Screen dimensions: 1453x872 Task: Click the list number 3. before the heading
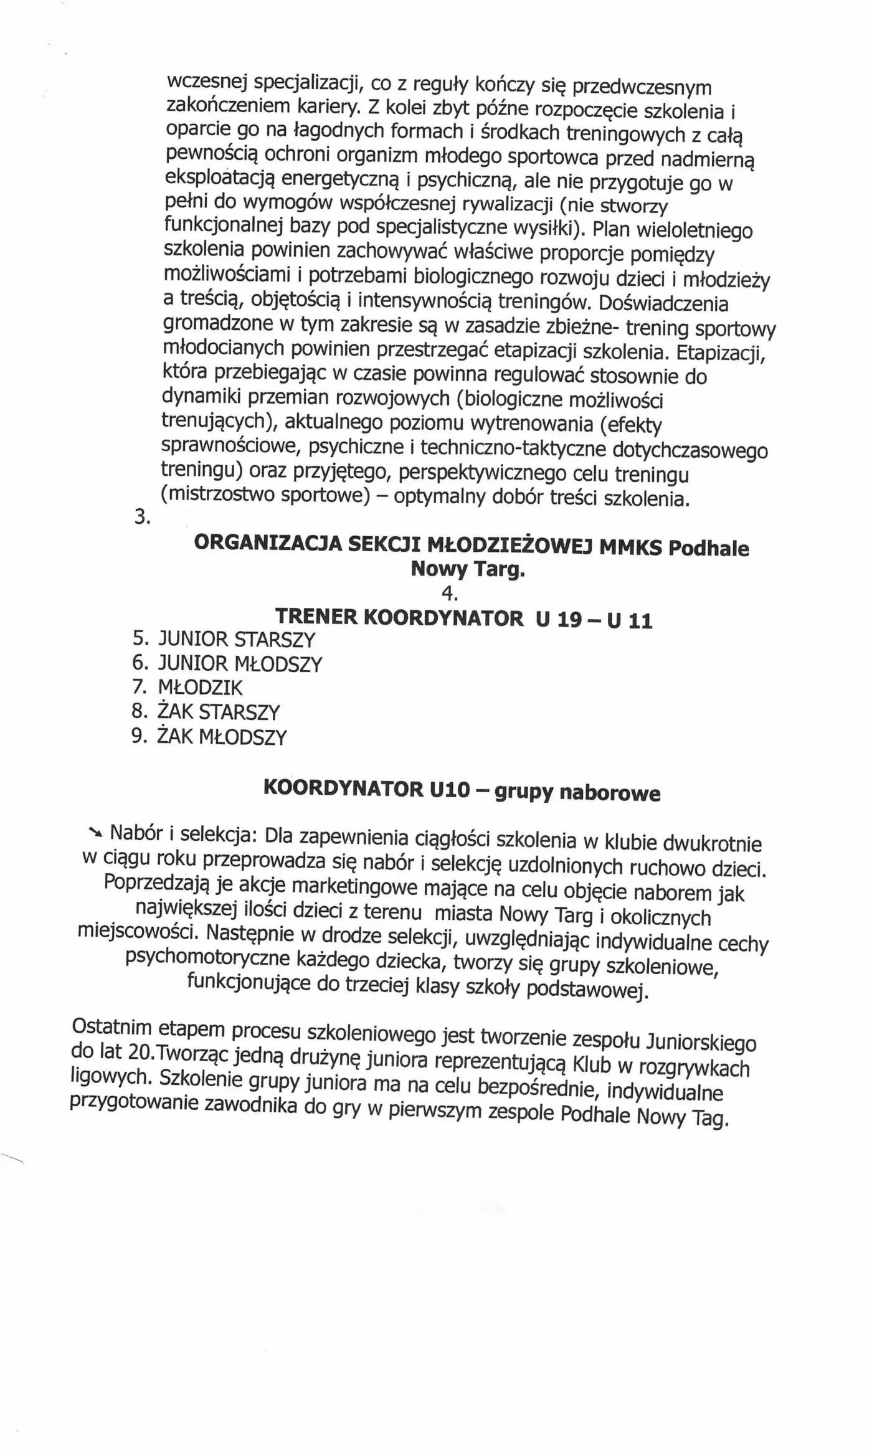coord(142,517)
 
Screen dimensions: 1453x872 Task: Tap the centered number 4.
coord(449,594)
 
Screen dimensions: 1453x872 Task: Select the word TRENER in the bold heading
coord(315,617)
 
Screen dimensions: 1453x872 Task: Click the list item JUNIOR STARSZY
coord(237,640)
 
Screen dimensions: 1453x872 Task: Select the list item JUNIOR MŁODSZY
coord(240,664)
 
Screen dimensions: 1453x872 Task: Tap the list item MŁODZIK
coord(200,688)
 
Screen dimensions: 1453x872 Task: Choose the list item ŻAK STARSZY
coord(218,712)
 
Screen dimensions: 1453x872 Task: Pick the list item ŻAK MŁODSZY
coord(221,737)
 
